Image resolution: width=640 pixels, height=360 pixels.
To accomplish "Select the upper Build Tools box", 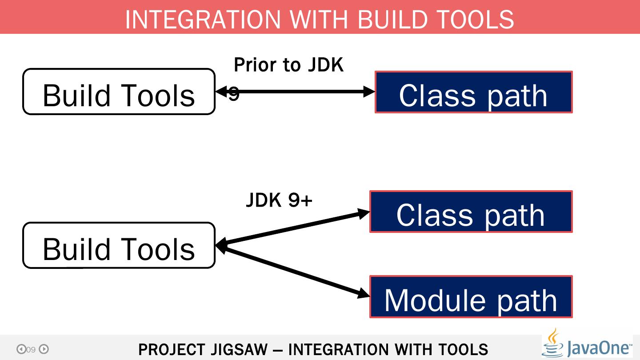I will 119,92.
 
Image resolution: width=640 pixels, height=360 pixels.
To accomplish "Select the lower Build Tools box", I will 119,246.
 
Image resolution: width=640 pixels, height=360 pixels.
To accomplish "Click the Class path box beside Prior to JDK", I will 473,92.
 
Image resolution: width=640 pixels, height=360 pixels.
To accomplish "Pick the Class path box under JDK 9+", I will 471,212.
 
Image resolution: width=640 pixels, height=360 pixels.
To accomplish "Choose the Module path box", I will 471,297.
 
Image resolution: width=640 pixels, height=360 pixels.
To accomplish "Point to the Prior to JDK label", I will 288,65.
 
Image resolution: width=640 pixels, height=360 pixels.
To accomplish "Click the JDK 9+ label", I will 279,200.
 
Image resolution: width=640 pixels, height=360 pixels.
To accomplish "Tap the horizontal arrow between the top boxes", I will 302,92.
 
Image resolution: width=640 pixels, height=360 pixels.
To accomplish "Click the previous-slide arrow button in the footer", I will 21,349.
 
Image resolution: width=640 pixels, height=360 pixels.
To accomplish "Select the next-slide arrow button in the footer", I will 44,349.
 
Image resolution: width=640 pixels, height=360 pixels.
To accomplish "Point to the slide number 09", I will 31,350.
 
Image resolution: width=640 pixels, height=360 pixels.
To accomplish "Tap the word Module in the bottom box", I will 435,300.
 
